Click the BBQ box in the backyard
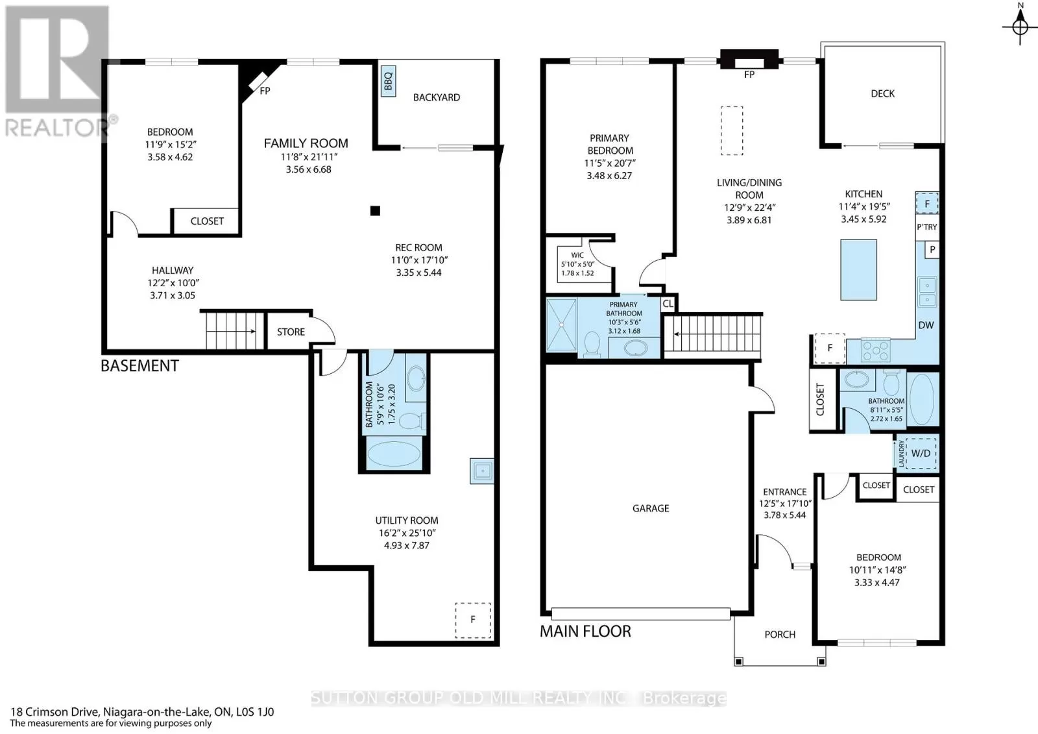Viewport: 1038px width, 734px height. pos(389,81)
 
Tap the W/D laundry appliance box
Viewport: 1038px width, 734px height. pos(921,453)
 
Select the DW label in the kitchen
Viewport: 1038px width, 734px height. pos(926,325)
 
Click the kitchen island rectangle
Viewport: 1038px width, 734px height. pos(859,270)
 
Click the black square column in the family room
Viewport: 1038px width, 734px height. pos(376,211)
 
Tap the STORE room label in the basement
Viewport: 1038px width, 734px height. pos(291,332)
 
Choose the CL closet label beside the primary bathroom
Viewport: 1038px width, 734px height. pos(668,304)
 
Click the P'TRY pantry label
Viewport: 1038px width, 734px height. pos(927,226)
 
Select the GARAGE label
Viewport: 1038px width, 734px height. pos(651,509)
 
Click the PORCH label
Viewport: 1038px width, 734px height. pos(780,635)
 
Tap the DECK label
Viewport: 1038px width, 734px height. pos(883,93)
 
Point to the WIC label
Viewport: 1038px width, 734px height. pos(577,255)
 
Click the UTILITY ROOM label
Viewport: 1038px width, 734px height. pos(406,520)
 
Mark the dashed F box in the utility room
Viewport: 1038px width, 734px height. pos(473,620)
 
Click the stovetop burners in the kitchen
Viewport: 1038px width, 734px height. pos(875,350)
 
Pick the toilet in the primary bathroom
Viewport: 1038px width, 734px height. pos(592,345)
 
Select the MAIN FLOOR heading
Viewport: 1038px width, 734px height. pos(585,631)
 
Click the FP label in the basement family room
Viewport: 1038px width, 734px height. pos(265,91)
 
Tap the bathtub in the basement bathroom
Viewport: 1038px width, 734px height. pos(394,454)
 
